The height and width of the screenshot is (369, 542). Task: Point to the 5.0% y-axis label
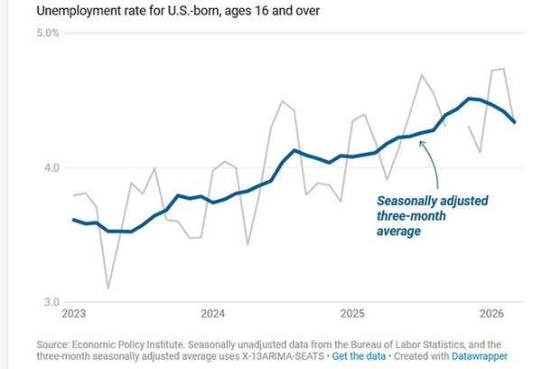(x=48, y=33)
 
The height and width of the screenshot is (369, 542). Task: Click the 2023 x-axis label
(x=74, y=314)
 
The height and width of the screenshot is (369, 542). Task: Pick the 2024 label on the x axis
(x=213, y=314)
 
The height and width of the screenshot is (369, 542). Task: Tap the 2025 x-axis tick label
(x=352, y=314)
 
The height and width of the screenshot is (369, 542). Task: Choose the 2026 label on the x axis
(x=491, y=314)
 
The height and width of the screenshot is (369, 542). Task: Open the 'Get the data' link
(x=361, y=357)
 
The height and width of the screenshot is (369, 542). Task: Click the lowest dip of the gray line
(x=108, y=288)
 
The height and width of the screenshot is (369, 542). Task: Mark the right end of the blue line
(x=515, y=122)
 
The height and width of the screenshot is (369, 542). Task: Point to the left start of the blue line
(x=73, y=220)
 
